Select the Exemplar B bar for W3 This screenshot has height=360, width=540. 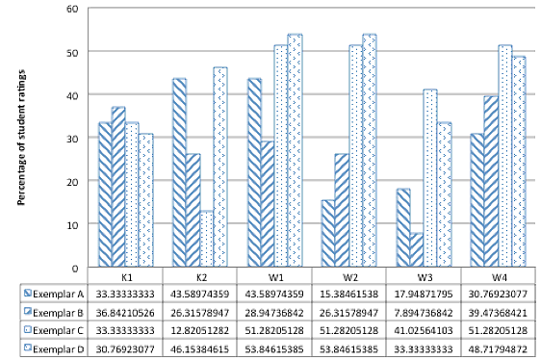click(417, 249)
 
